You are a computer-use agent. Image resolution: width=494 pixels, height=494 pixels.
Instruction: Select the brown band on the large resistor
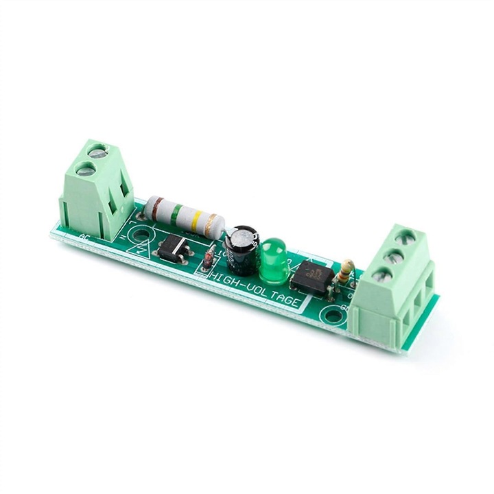pyautogui.click(x=156, y=204)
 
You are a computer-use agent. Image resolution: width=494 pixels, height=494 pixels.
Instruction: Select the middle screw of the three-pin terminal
pyautogui.click(x=396, y=257)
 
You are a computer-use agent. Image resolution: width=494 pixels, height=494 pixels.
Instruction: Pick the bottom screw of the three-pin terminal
pyautogui.click(x=383, y=275)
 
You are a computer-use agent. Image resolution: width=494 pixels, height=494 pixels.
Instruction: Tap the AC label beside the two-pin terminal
pyautogui.click(x=84, y=237)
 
